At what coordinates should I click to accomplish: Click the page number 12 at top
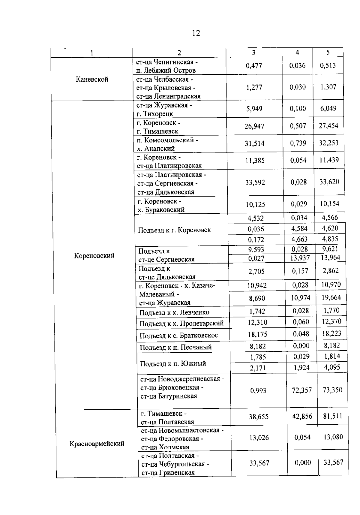coord(196,33)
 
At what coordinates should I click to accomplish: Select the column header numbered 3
coord(253,53)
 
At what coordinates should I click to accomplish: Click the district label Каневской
coord(92,79)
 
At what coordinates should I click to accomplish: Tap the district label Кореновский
coord(94,255)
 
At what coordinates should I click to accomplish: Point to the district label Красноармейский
coord(97,444)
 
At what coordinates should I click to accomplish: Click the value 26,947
coord(254,126)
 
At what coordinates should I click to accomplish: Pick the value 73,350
coord(332,390)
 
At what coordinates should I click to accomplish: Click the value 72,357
coord(302,390)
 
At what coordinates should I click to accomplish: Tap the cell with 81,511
coord(333,416)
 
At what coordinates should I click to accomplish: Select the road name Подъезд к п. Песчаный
coord(175,347)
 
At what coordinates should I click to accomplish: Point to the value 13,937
coord(300,257)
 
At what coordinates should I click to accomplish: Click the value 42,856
coord(302,416)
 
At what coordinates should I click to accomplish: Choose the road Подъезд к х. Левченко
coord(174,312)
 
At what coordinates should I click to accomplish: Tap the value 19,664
coord(331,297)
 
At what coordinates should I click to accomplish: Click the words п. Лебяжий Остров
coord(166,70)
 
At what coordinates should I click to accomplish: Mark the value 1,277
coord(254,87)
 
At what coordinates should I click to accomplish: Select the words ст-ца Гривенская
coord(168,472)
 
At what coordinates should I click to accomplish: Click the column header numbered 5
coord(328,53)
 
